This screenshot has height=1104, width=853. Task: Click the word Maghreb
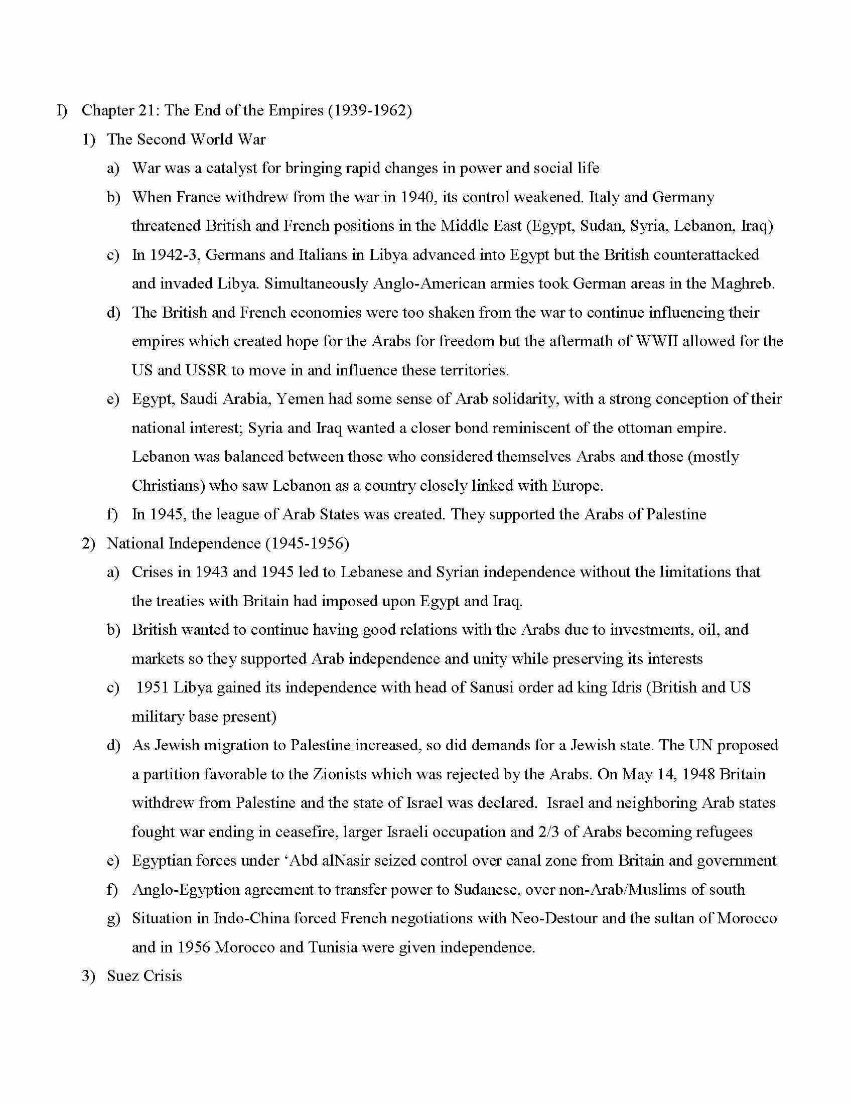[742, 284]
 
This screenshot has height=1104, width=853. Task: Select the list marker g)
[113, 918]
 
